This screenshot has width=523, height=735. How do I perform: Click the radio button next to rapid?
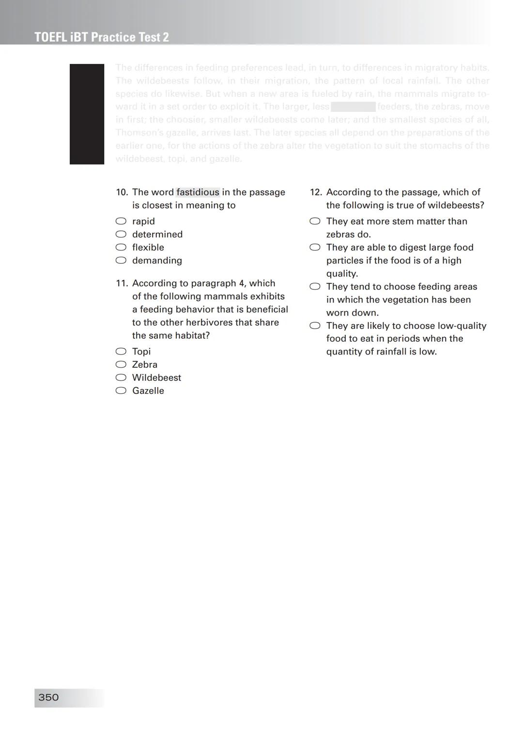121,221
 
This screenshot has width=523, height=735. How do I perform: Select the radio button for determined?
121,234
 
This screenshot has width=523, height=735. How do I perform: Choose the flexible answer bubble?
121,247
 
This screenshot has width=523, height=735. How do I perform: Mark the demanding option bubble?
121,260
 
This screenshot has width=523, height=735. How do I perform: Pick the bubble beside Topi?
121,351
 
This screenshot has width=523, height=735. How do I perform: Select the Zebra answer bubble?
121,364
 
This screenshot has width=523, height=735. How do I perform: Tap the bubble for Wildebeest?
121,377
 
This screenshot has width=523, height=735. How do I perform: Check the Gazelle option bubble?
121,390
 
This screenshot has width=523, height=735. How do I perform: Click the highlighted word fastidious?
198,192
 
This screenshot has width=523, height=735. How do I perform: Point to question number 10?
122,192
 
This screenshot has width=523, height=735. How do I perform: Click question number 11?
122,283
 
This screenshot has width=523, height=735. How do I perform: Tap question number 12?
316,192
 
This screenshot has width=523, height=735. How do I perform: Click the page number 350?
48,697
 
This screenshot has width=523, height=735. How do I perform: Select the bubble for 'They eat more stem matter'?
315,221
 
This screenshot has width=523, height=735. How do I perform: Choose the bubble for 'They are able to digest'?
315,247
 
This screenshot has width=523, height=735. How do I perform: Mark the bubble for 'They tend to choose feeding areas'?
315,286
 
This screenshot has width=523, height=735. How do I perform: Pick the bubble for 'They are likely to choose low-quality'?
315,326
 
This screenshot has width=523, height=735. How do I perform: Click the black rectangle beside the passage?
87,114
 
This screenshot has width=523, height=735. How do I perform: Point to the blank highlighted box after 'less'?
353,107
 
